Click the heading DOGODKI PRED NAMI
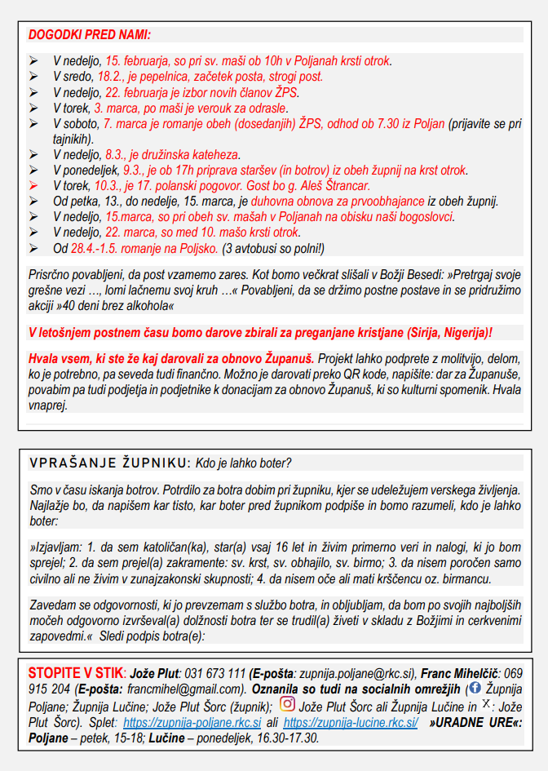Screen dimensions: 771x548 91,35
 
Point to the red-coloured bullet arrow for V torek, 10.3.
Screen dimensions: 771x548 33,186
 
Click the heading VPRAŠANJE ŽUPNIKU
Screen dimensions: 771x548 108,463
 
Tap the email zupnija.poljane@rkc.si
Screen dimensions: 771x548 353,674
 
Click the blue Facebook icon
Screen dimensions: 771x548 475,689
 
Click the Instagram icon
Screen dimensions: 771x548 287,704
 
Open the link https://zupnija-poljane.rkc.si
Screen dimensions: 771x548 191,722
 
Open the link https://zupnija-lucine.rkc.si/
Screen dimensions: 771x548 351,722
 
